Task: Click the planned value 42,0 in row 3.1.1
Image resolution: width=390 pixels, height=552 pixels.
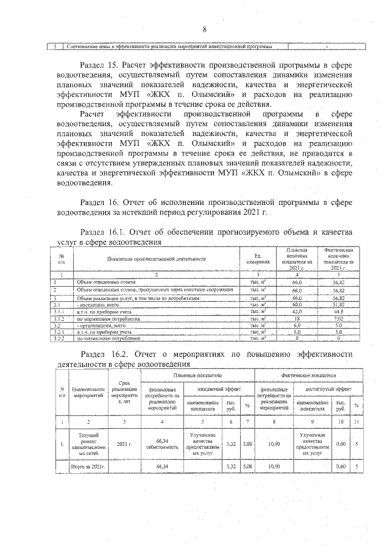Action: (x=297, y=311)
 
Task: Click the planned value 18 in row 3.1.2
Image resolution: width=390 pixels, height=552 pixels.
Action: (x=297, y=318)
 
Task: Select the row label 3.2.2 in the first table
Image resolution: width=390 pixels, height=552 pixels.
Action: (x=59, y=338)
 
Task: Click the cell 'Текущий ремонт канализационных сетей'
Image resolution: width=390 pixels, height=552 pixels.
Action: (x=89, y=444)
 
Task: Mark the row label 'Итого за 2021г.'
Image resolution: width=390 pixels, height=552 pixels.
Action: (x=88, y=467)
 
